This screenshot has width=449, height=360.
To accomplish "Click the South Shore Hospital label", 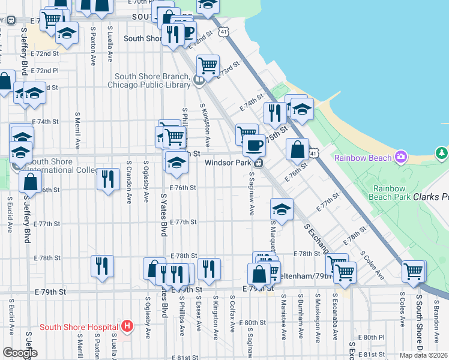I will [78, 327].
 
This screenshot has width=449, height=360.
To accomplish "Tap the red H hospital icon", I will [127, 327].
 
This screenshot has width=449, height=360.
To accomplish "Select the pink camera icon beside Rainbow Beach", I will [400, 158].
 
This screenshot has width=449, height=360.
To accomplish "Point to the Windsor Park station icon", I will [259, 163].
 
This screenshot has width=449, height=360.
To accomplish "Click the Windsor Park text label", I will [229, 163].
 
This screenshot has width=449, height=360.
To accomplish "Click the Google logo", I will [19, 353].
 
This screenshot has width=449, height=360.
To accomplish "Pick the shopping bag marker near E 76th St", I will [297, 150].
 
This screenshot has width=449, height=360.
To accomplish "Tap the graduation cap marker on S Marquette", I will [282, 209].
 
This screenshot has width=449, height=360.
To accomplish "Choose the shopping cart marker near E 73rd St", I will [208, 65].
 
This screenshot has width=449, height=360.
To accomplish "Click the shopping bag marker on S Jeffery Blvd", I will [30, 182].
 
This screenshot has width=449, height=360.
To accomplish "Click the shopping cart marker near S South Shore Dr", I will [414, 271].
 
